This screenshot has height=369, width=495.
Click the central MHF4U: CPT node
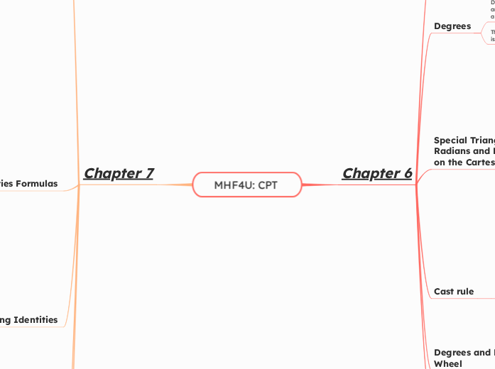pyautogui.click(x=247, y=184)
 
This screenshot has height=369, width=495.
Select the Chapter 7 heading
pyautogui.click(x=119, y=173)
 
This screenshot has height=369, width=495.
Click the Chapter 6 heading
pyautogui.click(x=377, y=173)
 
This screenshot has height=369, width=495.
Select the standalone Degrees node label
pyautogui.click(x=452, y=26)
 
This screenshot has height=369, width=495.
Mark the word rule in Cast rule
pyautogui.click(x=465, y=292)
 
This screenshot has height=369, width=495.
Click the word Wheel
pyautogui.click(x=448, y=363)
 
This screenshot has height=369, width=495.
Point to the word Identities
pyautogui.click(x=31, y=319)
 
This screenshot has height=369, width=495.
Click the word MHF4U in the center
pyautogui.click(x=235, y=184)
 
